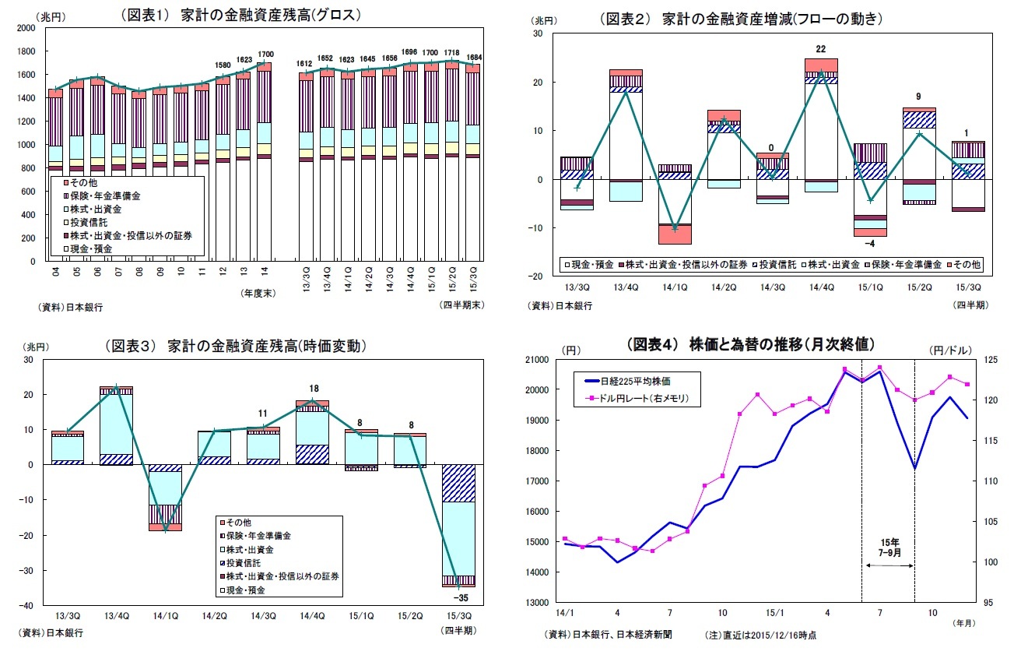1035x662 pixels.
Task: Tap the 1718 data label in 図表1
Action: pos(452,51)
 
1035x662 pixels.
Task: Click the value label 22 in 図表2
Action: pos(821,49)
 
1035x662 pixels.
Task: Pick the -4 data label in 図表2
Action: pos(870,244)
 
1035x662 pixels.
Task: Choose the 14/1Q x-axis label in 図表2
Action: pos(674,288)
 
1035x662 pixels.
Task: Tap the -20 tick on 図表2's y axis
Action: pos(537,276)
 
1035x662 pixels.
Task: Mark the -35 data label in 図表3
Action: pos(459,598)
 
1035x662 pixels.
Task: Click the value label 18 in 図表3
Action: pos(314,389)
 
